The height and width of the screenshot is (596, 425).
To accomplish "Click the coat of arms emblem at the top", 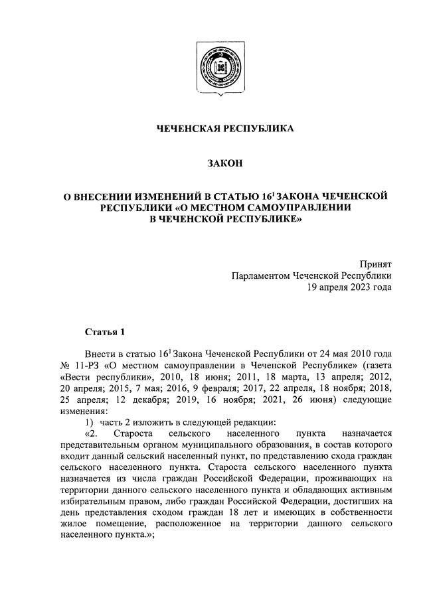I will click(212, 66).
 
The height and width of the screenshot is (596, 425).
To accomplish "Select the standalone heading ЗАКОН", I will click(224, 163).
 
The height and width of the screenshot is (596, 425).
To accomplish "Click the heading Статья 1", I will click(104, 331).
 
